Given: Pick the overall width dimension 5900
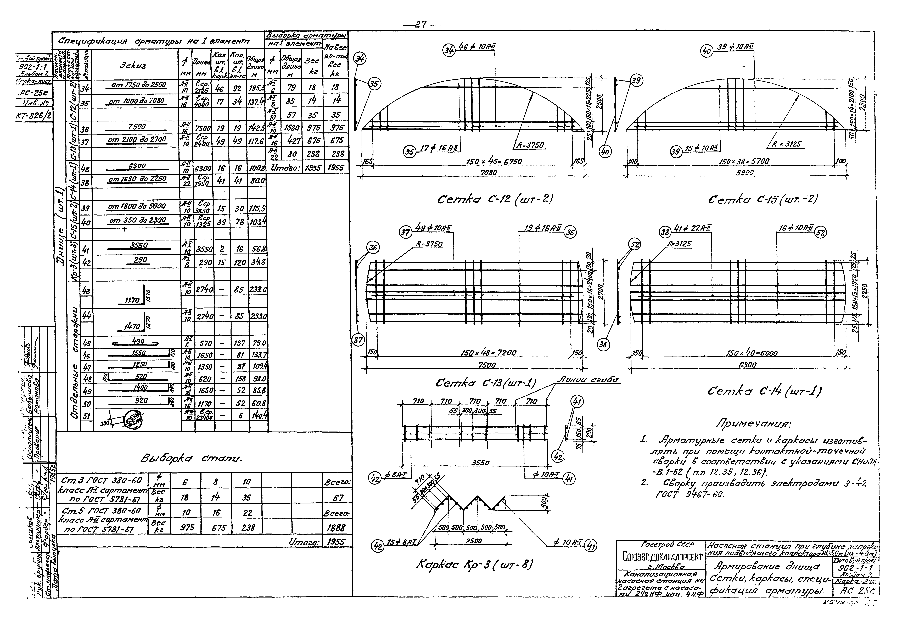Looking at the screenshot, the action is [744, 172].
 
